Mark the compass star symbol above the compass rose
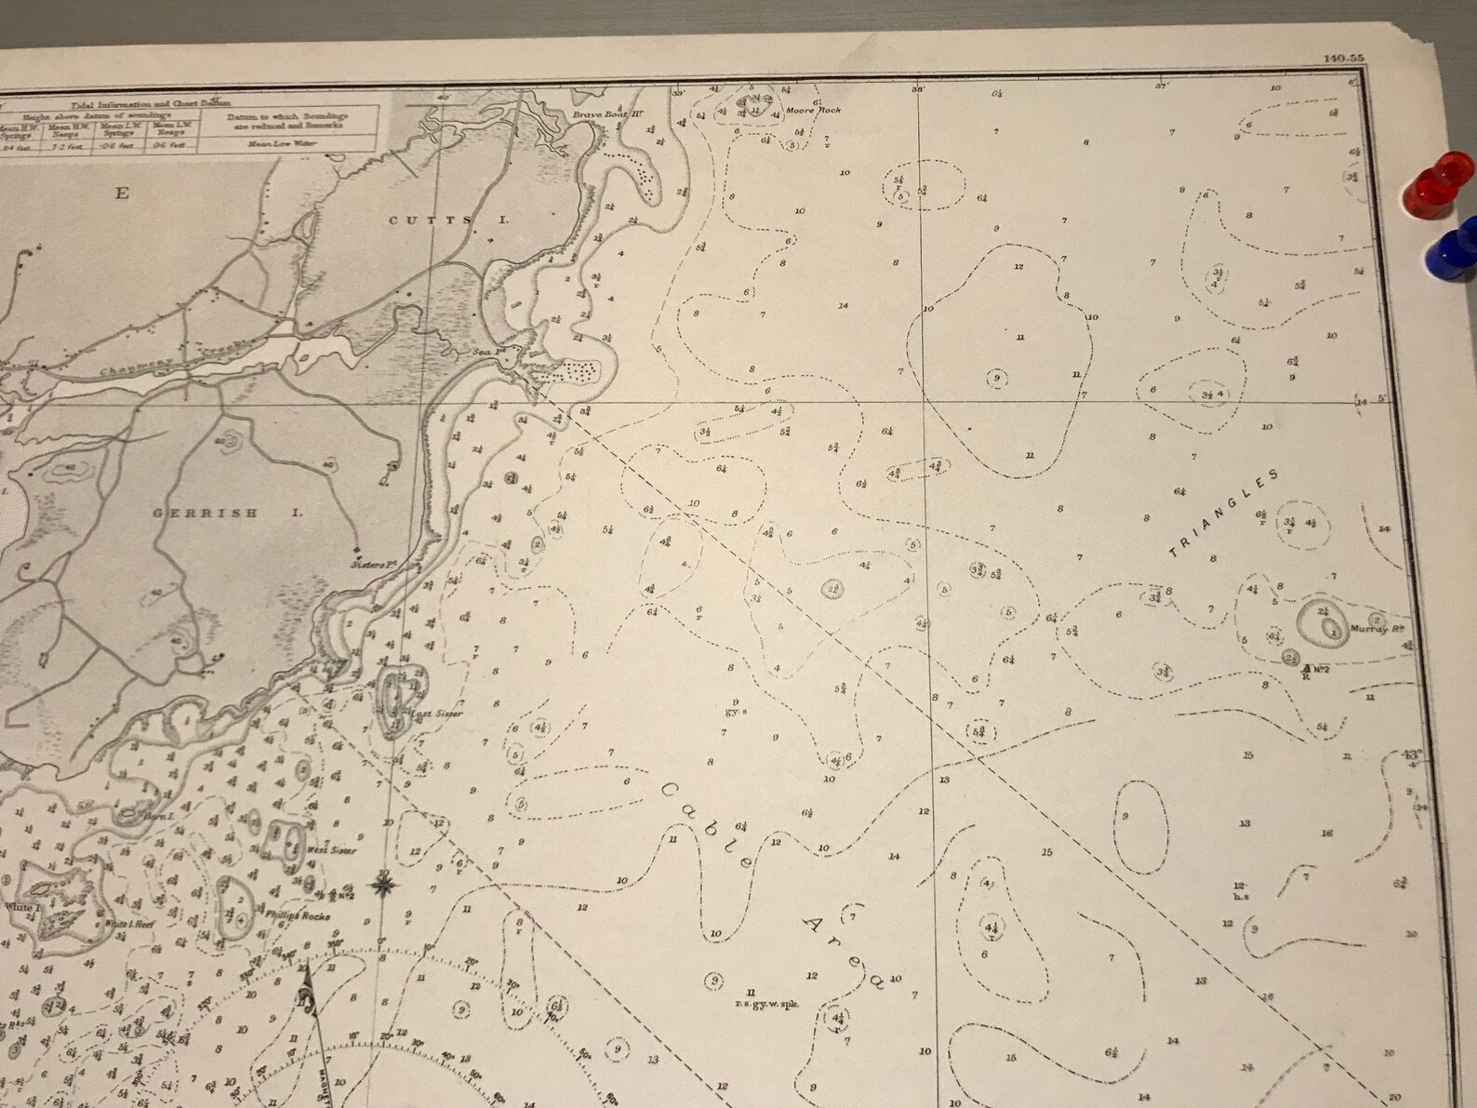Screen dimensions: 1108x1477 382,883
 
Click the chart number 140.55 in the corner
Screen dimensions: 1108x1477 1343,85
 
